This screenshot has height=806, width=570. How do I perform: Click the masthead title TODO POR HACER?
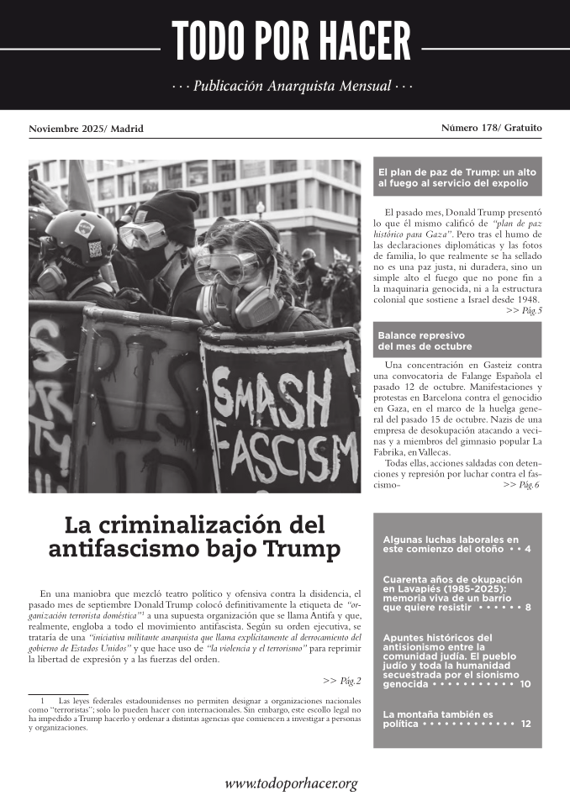click(x=291, y=42)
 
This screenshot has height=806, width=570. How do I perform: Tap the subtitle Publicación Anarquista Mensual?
click(x=292, y=87)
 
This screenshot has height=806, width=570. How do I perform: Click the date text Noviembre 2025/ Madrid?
click(x=86, y=129)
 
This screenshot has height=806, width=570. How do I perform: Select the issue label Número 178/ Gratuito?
click(x=491, y=128)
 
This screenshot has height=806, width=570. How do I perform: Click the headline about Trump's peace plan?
click(x=457, y=176)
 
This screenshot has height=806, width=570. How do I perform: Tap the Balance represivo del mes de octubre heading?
click(x=425, y=340)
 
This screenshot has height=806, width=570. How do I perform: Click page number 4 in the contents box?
click(x=527, y=549)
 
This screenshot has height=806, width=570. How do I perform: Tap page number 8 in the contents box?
click(x=527, y=606)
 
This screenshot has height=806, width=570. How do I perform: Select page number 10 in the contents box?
click(x=525, y=684)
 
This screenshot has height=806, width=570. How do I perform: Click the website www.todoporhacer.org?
click(x=291, y=783)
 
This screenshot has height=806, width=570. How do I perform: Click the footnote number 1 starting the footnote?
click(x=40, y=699)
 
